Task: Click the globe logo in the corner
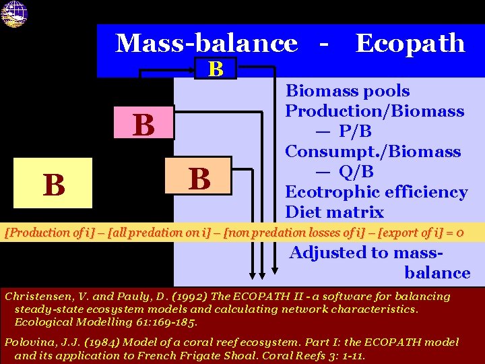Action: tap(13, 13)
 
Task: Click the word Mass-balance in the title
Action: tap(206, 43)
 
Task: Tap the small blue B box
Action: tap(216, 69)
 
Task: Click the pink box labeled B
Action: tap(143, 125)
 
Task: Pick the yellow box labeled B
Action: tap(54, 183)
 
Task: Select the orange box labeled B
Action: tap(199, 179)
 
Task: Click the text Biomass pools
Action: tap(348, 91)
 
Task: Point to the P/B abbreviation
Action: tap(356, 131)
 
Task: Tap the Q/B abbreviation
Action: tap(356, 172)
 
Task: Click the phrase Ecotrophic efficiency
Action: tap(376, 192)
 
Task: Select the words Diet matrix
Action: tap(334, 212)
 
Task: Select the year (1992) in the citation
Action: tap(183, 297)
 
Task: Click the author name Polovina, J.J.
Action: tap(41, 342)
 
